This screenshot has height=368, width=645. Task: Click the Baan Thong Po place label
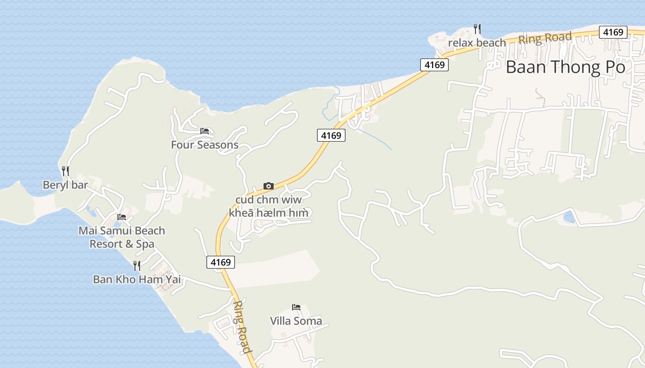565,67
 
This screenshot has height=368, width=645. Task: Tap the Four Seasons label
205,145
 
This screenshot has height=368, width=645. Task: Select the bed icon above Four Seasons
205,131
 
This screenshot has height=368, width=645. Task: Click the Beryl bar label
65,185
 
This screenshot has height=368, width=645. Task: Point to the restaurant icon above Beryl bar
65,171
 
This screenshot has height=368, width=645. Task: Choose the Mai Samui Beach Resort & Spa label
122,237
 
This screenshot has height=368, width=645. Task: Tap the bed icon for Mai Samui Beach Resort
122,217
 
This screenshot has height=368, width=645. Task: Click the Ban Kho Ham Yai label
137,279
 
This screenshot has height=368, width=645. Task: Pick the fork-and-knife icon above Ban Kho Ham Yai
137,265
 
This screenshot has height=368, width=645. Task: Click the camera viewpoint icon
269,186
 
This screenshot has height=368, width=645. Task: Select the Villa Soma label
296,321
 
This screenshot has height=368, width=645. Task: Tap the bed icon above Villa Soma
296,307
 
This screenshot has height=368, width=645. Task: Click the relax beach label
477,43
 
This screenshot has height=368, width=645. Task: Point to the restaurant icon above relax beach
477,29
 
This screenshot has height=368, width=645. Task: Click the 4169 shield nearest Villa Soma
220,262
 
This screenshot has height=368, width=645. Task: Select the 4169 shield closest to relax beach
434,65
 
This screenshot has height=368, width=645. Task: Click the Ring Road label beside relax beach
545,38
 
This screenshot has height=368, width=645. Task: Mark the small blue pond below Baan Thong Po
569,216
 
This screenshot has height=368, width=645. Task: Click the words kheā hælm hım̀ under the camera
269,213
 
